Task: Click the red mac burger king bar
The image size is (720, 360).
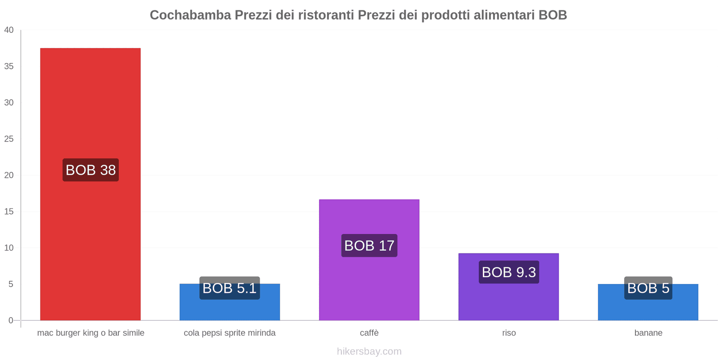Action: point(90,184)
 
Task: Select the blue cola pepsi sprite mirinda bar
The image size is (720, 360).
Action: point(229,302)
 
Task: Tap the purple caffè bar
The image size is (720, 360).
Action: point(369,260)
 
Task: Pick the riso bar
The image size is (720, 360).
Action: point(508,287)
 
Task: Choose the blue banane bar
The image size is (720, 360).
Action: point(648,302)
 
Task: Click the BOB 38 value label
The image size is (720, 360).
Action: point(90,170)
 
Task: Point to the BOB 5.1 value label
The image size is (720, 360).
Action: point(229,288)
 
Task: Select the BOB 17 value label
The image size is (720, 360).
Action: point(369,246)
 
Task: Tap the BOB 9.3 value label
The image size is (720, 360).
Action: point(509,272)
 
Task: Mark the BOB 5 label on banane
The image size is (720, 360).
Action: point(648,288)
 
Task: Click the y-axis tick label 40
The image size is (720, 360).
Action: point(9,30)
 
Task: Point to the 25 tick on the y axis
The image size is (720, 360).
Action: point(9,139)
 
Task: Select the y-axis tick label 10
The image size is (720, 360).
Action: point(9,248)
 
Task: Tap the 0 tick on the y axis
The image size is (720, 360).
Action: point(11,320)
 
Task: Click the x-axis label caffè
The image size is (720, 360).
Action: point(369,333)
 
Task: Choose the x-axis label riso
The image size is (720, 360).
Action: point(509,333)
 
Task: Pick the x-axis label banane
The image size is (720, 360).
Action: point(648,333)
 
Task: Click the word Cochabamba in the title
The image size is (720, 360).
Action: point(190,15)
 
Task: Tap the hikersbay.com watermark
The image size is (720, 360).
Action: point(369,351)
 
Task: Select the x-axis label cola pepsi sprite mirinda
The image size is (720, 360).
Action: point(229,333)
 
